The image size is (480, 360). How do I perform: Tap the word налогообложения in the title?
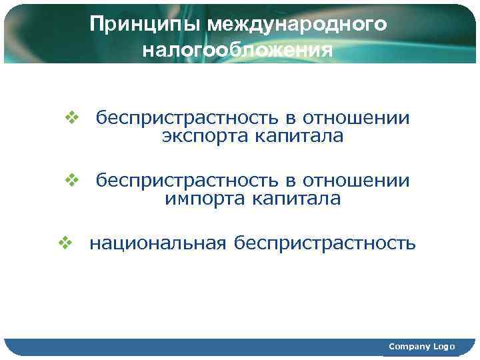tap(237, 51)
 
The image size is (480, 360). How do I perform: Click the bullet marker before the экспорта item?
tap(71, 118)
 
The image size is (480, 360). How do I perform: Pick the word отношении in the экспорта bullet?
tap(357, 119)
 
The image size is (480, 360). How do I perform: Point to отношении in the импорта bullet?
tap(357, 181)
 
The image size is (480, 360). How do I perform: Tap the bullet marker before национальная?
tap(65, 243)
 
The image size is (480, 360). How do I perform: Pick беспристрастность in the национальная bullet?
tap(325, 244)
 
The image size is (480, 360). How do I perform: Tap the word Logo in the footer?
tap(444, 346)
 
